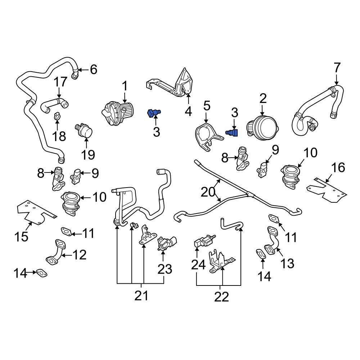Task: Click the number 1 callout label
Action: [125, 86]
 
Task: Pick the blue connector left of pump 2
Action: [231, 133]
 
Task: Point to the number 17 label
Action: [60, 82]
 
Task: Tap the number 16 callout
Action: [338, 167]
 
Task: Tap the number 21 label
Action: [141, 296]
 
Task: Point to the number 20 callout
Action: [208, 192]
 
